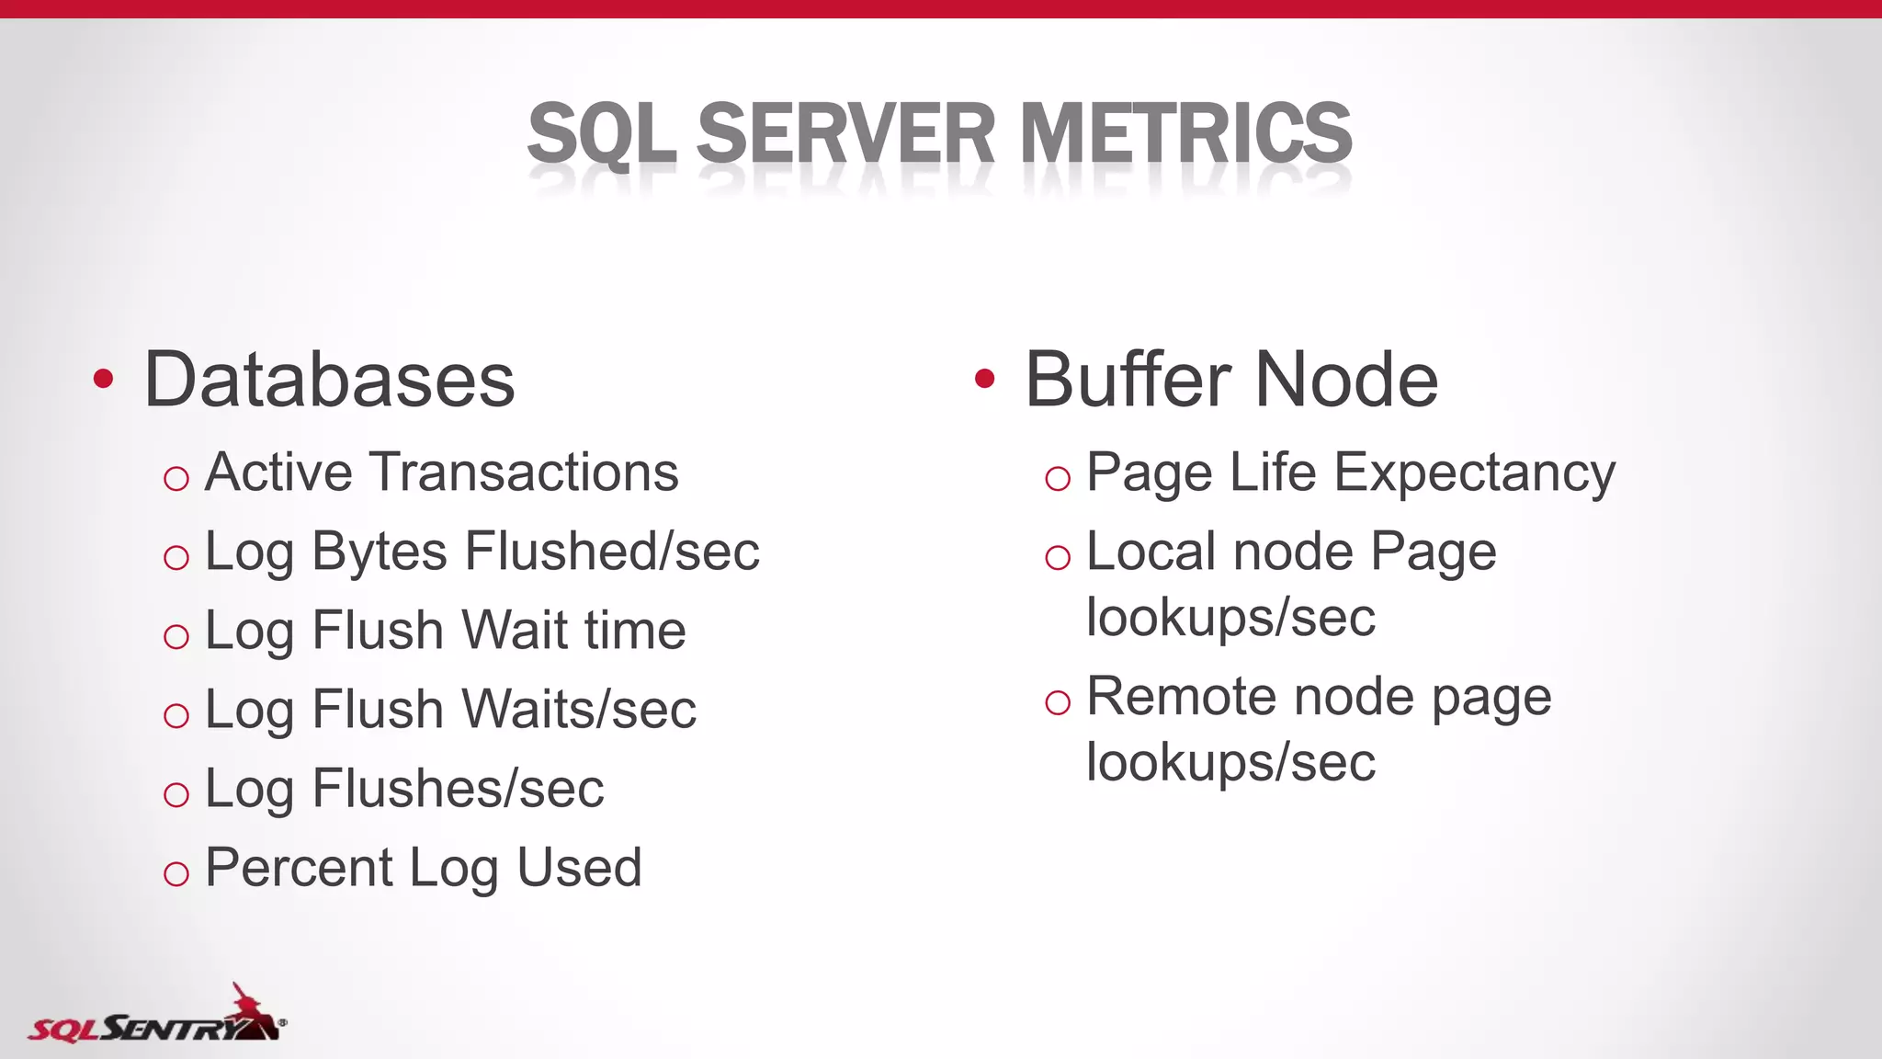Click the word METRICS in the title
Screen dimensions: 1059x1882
tap(1185, 134)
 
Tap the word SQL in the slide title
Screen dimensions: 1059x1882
tap(602, 134)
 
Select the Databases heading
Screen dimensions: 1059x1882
tap(329, 380)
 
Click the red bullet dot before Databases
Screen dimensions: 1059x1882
tap(103, 379)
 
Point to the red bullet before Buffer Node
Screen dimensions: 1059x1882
tap(984, 379)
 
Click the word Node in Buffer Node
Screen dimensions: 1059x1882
tap(1346, 380)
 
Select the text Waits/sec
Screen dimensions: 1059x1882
tap(579, 710)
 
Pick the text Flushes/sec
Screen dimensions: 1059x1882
tap(458, 789)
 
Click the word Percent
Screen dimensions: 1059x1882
tap(299, 868)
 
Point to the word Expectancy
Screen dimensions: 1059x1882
tap(1474, 474)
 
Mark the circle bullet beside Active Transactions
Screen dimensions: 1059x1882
tap(176, 478)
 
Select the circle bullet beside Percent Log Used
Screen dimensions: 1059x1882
tap(176, 873)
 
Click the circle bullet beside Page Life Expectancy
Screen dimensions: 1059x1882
tap(1058, 478)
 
